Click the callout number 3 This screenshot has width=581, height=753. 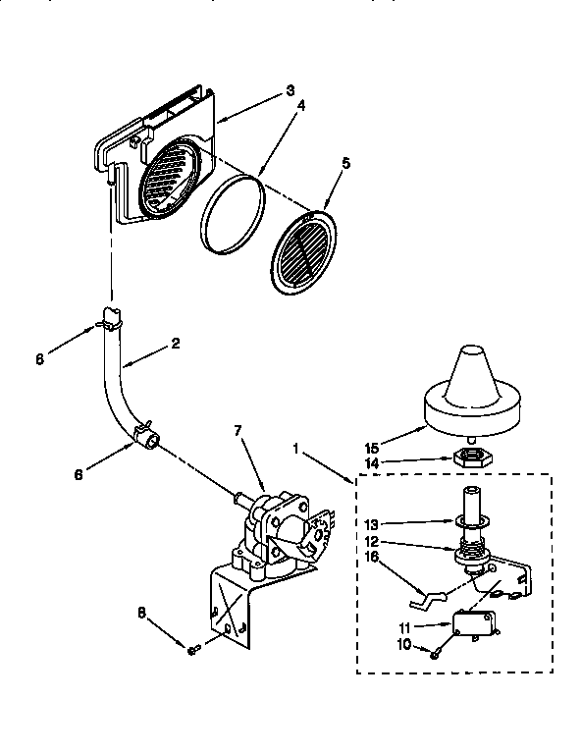(x=290, y=90)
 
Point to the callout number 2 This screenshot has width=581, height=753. (x=175, y=343)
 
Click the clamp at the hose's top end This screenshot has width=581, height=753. (x=110, y=315)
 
